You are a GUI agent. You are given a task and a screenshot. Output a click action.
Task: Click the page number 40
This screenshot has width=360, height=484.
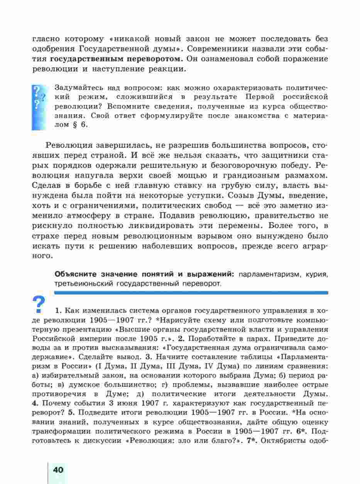coord(58,470)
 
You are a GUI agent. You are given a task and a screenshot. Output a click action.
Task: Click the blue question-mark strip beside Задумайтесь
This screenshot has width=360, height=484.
coord(39,107)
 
